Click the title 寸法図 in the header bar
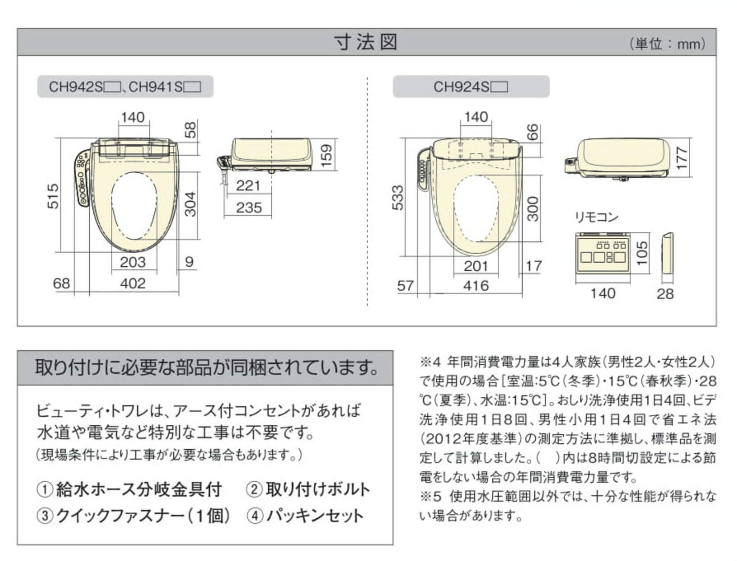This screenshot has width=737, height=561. point(366,42)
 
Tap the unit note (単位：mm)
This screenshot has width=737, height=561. point(667,44)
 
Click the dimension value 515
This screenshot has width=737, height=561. point(53,196)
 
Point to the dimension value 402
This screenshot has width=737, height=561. point(133,284)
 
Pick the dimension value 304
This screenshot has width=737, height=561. point(190,204)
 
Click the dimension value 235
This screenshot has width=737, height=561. point(249,207)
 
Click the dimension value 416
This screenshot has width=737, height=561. point(476,285)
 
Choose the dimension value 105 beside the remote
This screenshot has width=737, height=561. point(642,253)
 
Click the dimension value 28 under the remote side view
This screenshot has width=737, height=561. point(665,294)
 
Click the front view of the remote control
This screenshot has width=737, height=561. point(602,255)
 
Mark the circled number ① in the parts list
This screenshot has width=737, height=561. point(45,490)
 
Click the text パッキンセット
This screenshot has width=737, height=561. point(315,516)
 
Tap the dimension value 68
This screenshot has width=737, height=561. point(61,283)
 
